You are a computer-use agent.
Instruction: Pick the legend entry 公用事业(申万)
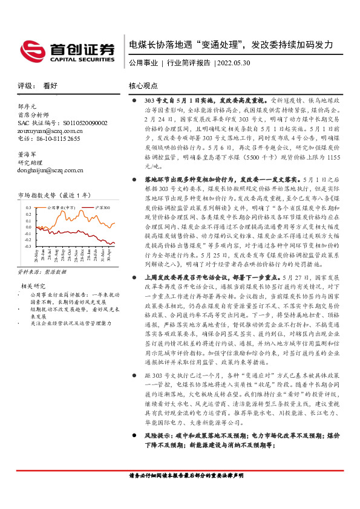pyautogui.click(x=59, y=207)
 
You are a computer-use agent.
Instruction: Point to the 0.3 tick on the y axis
pyautogui.click(x=28, y=207)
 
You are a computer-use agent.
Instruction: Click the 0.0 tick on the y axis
pyautogui.click(x=28, y=227)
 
